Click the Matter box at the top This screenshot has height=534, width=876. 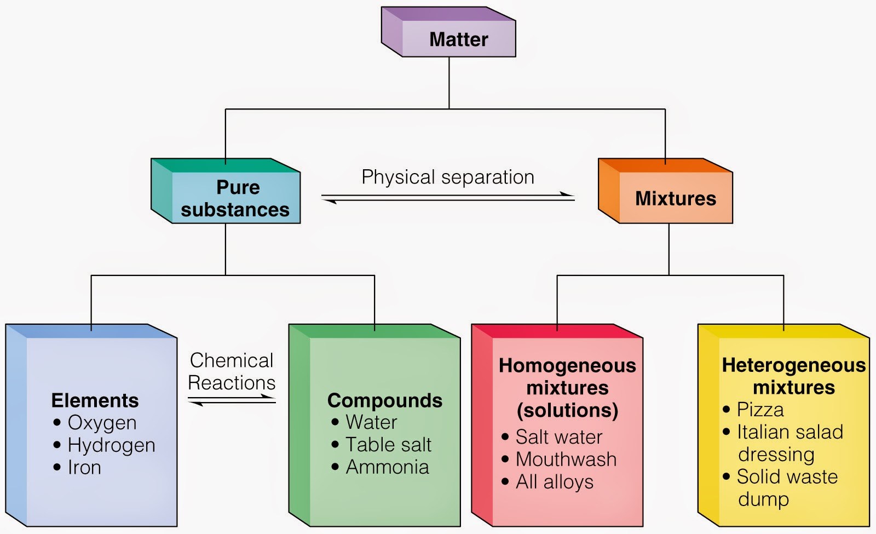(458, 39)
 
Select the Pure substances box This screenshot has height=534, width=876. (235, 198)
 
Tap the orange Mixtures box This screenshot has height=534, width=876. (675, 198)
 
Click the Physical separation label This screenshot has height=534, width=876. (447, 177)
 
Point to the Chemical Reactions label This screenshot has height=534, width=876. (231, 371)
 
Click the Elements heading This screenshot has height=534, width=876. (95, 400)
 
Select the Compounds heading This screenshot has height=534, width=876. (384, 400)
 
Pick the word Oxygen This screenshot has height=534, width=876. (102, 423)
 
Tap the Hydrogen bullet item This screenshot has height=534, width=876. (111, 445)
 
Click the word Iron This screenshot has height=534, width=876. (84, 468)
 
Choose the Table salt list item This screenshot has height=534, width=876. (388, 445)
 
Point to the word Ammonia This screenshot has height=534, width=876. (387, 467)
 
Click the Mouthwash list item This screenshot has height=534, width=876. (566, 459)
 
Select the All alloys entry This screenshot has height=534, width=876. (554, 482)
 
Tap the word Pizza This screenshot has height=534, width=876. (760, 410)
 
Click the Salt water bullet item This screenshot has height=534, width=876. (558, 437)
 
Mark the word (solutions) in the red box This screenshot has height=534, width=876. (567, 410)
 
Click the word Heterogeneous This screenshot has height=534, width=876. (793, 365)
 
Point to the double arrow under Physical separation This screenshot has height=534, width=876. (448, 198)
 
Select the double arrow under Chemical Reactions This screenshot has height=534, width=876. (232, 401)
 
